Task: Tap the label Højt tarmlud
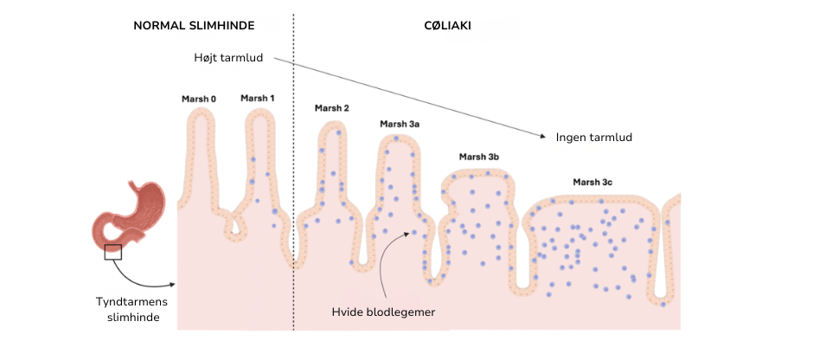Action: click(227, 58)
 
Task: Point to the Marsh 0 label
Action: click(199, 99)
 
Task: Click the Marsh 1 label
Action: click(258, 98)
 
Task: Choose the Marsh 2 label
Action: click(332, 108)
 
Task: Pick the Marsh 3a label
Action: click(400, 124)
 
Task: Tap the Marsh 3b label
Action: click(479, 157)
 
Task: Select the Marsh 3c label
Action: click(592, 182)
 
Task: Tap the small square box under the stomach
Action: click(113, 252)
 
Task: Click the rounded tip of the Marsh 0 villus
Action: click(199, 115)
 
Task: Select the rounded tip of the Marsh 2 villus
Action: click(332, 127)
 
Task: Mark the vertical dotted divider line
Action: click(294, 173)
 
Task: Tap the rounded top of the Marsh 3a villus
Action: click(399, 139)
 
